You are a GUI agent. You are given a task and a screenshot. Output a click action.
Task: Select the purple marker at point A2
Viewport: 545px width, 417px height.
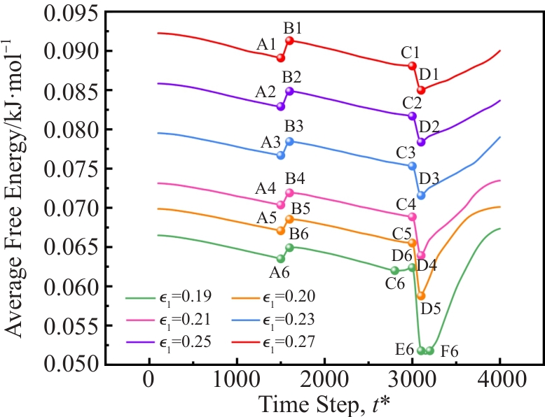point(281,106)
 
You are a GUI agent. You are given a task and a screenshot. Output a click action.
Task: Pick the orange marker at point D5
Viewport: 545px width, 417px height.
point(421,296)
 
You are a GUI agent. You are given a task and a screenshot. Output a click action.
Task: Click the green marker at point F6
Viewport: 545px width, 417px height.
point(430,351)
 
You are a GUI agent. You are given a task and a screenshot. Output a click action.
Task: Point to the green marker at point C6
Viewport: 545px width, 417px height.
point(394,270)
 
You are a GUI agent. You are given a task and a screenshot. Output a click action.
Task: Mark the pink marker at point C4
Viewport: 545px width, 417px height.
point(413,217)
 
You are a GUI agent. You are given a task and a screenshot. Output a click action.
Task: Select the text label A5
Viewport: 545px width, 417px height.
point(267,218)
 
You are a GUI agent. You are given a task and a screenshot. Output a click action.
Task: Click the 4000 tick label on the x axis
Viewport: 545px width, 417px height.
point(499,382)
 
